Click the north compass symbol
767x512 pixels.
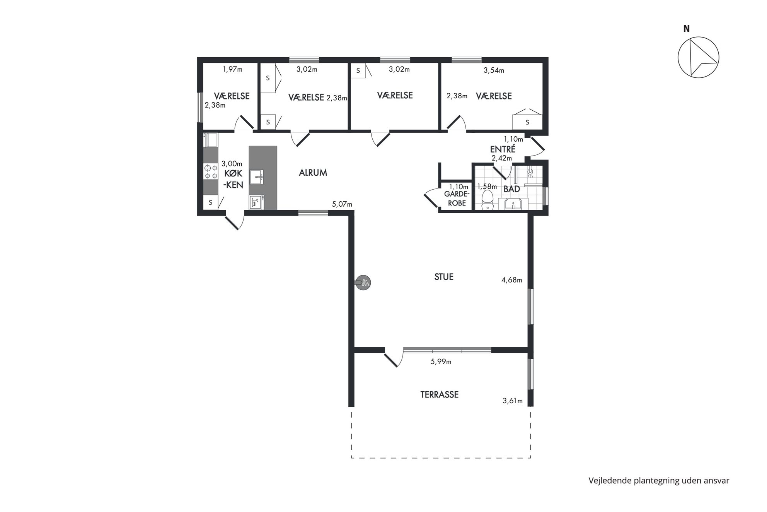(698, 57)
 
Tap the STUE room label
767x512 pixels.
(444, 277)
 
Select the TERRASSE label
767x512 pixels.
(440, 395)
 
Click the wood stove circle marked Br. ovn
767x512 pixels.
(363, 283)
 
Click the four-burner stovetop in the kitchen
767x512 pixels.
(211, 172)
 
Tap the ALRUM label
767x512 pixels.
(313, 173)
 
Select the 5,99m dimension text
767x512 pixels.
(441, 362)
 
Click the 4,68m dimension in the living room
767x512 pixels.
(512, 280)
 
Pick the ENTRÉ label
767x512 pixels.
(503, 149)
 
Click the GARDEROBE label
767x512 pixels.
(457, 199)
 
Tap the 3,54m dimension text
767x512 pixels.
(494, 70)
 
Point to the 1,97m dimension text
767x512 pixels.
(233, 69)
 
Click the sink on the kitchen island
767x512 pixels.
(256, 177)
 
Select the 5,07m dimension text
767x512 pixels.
(342, 204)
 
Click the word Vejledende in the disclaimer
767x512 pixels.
(608, 481)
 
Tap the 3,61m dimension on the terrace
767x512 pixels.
(513, 401)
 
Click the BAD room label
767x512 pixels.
(511, 189)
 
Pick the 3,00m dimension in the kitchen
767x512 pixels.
(232, 164)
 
